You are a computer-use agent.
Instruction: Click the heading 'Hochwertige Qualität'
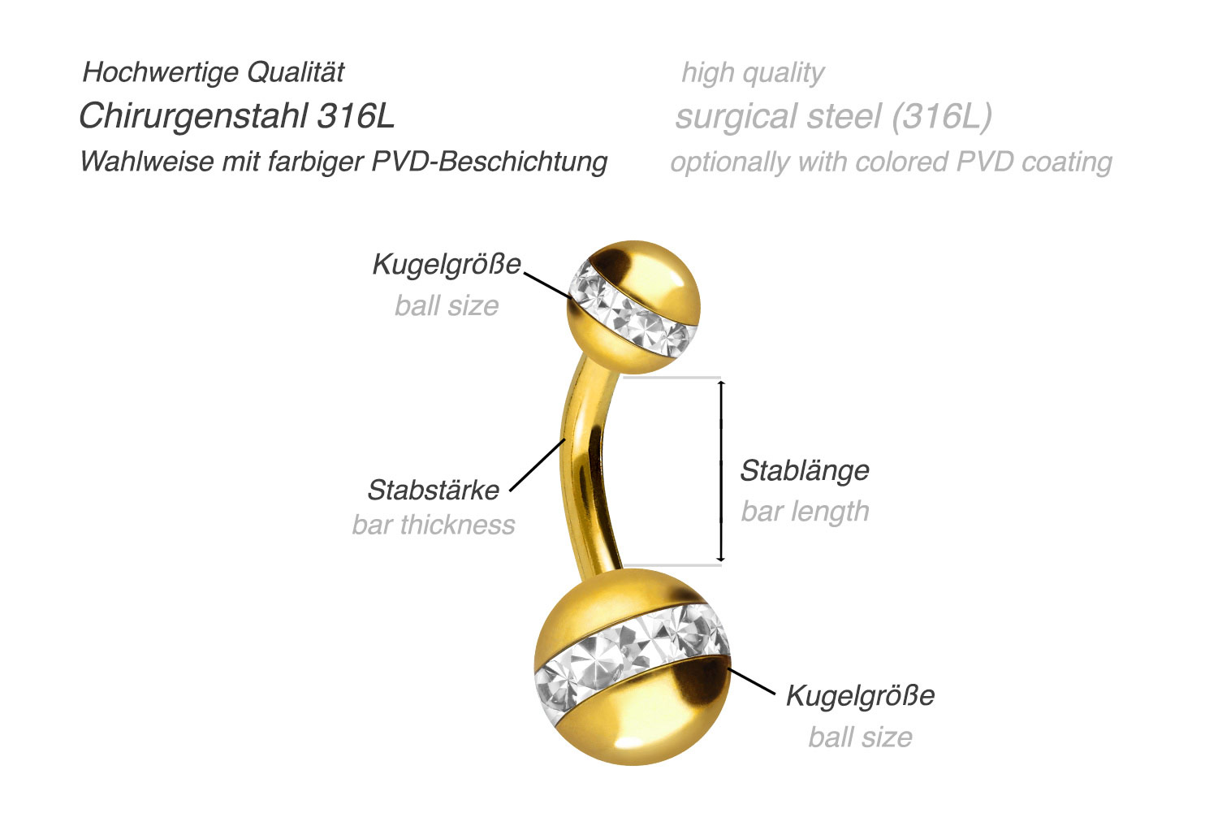(x=213, y=73)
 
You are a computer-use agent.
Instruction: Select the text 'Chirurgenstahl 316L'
(x=237, y=116)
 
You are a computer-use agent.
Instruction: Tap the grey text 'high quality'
(x=753, y=73)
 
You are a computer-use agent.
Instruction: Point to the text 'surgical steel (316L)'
(x=834, y=116)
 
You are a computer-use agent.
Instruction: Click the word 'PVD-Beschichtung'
(x=490, y=162)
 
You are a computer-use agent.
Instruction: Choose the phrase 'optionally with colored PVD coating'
(x=892, y=162)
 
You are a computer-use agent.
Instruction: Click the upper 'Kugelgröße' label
(x=447, y=265)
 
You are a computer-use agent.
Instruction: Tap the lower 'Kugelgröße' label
(x=860, y=695)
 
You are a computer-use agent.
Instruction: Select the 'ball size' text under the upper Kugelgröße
(x=447, y=305)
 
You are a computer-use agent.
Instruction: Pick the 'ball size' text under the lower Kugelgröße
(x=860, y=737)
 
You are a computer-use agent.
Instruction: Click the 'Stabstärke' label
(x=434, y=490)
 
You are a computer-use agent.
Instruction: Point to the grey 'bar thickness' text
(x=434, y=525)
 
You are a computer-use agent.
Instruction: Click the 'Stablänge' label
(x=805, y=471)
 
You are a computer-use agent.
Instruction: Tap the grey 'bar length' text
(x=805, y=512)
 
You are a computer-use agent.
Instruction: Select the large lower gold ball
(x=633, y=668)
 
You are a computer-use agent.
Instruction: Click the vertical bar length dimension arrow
(x=721, y=471)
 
